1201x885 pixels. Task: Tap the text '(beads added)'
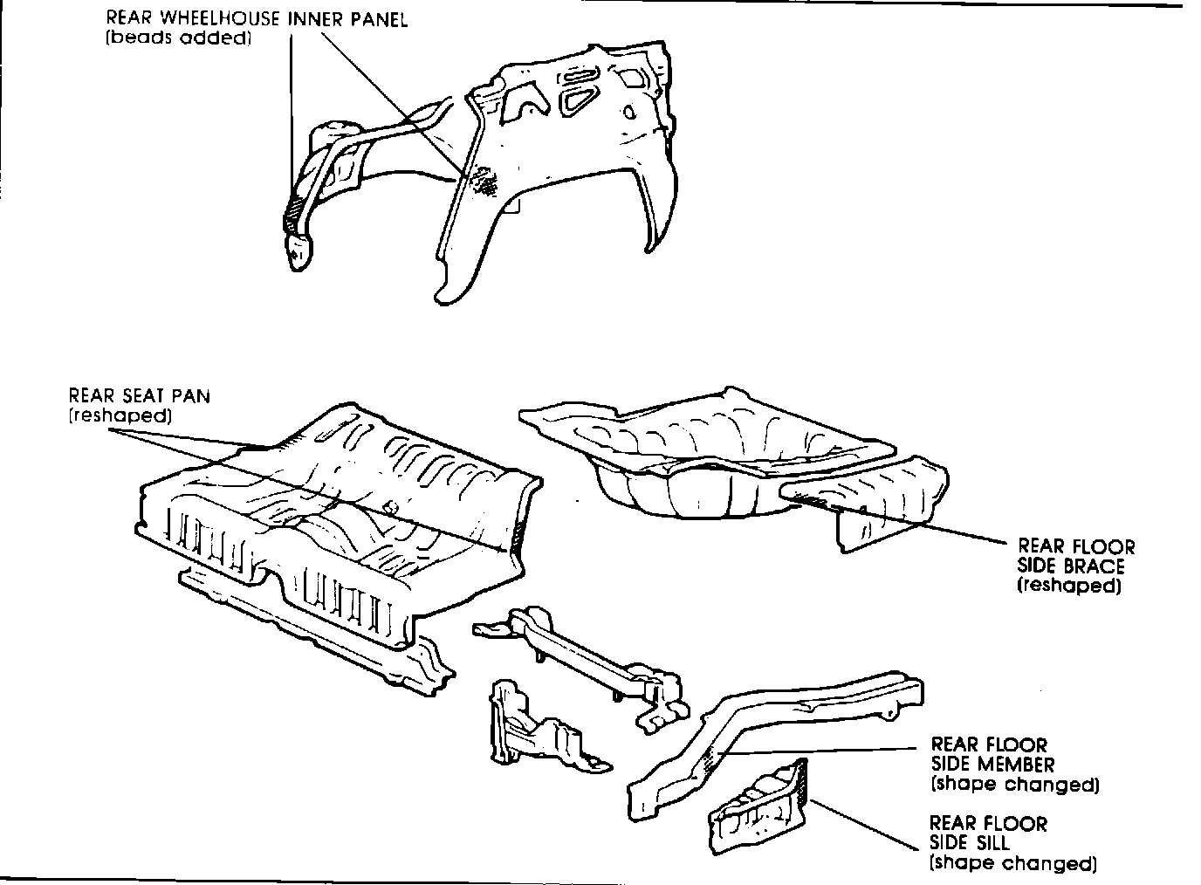(x=178, y=40)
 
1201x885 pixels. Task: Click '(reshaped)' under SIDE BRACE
(x=1068, y=586)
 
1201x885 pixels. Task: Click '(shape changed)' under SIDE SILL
(x=1012, y=863)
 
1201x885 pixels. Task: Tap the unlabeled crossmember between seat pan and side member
(x=594, y=655)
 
